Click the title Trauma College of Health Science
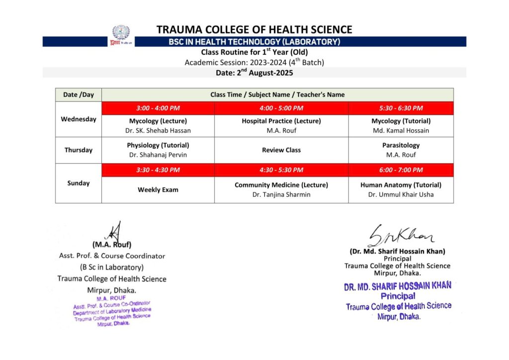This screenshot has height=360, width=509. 254,30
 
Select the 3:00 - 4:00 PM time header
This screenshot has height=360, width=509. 158,108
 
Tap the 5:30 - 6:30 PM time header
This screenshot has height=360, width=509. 401,108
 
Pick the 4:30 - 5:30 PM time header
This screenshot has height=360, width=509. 281,170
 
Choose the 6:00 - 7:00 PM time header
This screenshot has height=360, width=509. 401,170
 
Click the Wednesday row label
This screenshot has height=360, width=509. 79,119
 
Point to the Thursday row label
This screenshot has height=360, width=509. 79,150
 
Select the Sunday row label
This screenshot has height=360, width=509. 79,183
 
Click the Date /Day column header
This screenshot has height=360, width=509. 79,94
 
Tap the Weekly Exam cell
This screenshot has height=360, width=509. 158,189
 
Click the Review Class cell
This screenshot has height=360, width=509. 281,150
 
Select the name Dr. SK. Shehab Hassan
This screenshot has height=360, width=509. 158,131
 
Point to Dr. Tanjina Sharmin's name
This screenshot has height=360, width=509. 281,194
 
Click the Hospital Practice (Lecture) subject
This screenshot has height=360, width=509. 281,121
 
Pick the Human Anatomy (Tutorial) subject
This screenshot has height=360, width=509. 401,184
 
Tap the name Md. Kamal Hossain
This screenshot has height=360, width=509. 401,131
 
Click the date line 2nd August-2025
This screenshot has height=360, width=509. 254,73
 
